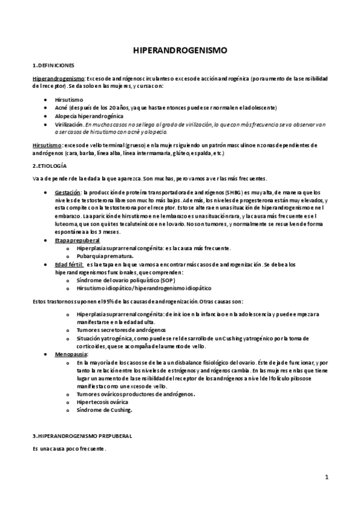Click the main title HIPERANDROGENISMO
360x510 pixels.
tap(180, 52)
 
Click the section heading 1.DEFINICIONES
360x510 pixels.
tap(53, 64)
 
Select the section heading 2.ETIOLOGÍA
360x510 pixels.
tap(49, 165)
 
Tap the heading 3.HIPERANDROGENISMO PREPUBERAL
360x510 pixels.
tap(82, 435)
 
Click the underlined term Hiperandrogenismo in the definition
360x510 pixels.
tap(58, 78)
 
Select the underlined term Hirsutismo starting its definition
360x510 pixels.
tap(47, 146)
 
